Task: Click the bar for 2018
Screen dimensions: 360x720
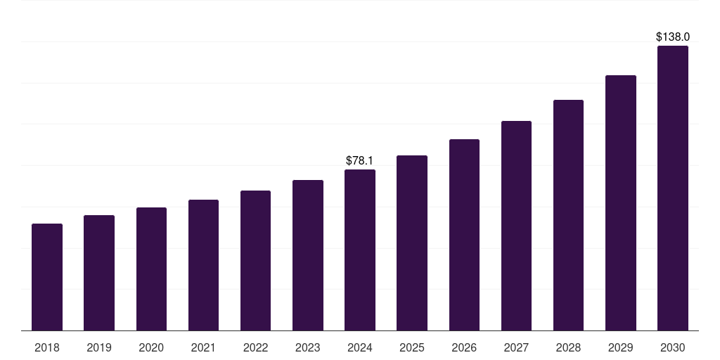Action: (47, 277)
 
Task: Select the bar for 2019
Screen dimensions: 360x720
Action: (99, 273)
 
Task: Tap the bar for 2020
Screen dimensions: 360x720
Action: (151, 269)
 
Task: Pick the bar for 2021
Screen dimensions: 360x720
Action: (203, 265)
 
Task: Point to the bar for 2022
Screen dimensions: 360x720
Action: (255, 260)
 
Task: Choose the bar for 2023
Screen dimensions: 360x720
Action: (308, 255)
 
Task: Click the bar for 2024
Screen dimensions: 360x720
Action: (360, 250)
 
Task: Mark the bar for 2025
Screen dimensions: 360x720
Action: (412, 243)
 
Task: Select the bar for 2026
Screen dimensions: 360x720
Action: (464, 235)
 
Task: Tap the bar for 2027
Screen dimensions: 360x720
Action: (516, 226)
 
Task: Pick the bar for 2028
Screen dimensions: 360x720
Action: (568, 215)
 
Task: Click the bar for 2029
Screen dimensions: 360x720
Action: (621, 202)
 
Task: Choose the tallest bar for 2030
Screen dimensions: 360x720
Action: (673, 188)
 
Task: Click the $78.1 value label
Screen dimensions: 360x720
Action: (360, 161)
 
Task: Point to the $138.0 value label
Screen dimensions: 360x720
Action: (673, 37)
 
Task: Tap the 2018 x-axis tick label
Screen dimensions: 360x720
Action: (47, 347)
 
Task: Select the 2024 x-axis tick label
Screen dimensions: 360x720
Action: (360, 347)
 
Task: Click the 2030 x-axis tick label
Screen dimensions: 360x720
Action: (673, 347)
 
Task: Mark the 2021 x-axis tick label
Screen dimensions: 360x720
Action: (203, 347)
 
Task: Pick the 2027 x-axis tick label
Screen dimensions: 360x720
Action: (516, 347)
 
